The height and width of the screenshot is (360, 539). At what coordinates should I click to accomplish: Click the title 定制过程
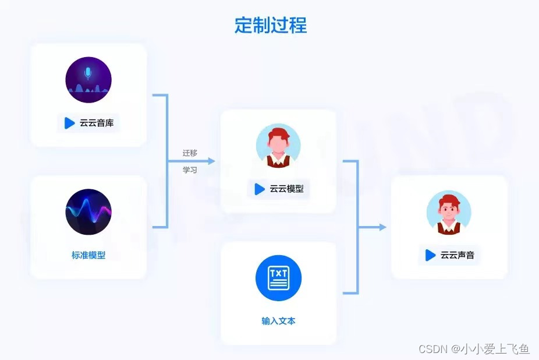pyautogui.click(x=270, y=25)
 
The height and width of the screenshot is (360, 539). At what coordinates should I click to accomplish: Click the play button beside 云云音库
pyautogui.click(x=70, y=123)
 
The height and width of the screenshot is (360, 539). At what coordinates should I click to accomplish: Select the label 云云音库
pyautogui.click(x=97, y=123)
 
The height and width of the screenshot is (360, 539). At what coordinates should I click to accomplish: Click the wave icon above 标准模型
pyautogui.click(x=88, y=211)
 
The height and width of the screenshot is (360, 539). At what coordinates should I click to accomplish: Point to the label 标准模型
pyautogui.click(x=88, y=255)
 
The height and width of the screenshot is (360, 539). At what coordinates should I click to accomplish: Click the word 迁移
pyautogui.click(x=190, y=153)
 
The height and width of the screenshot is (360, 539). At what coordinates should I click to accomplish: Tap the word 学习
pyautogui.click(x=190, y=170)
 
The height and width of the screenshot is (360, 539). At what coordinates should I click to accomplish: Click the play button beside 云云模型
pyautogui.click(x=260, y=189)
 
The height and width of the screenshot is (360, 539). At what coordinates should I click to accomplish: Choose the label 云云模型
pyautogui.click(x=286, y=189)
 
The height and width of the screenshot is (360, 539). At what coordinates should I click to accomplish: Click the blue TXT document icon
pyautogui.click(x=278, y=278)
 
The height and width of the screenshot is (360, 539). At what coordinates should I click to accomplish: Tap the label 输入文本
pyautogui.click(x=278, y=320)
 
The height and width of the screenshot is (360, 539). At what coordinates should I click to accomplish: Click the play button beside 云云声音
pyautogui.click(x=431, y=255)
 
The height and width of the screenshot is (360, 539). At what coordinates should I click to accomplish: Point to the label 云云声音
pyautogui.click(x=458, y=255)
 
